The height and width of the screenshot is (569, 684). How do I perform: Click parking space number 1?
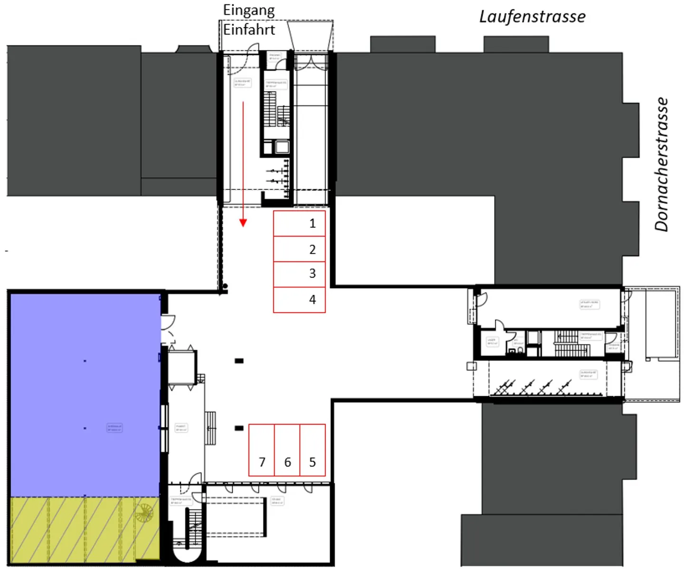click(x=299, y=224)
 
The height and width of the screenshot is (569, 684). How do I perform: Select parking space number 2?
click(x=299, y=249)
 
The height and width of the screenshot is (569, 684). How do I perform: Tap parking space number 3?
click(x=299, y=274)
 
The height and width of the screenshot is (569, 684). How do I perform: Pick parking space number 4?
click(x=299, y=299)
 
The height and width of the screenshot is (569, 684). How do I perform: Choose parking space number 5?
click(x=313, y=450)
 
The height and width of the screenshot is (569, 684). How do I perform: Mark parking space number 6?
click(x=287, y=450)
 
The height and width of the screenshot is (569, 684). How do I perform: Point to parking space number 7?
click(x=262, y=450)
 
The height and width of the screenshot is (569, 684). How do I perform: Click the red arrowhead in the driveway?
click(x=243, y=223)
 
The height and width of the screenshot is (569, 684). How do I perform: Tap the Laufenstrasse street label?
click(x=532, y=17)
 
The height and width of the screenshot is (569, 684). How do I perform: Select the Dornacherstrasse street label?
click(x=661, y=164)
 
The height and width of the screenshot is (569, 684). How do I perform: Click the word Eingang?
click(x=249, y=10)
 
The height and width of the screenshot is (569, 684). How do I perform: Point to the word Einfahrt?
click(x=249, y=29)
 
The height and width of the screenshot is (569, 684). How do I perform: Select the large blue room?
click(x=85, y=394)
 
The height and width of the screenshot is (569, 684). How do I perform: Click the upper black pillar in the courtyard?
click(x=239, y=361)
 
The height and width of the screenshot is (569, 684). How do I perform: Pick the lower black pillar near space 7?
click(x=239, y=428)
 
